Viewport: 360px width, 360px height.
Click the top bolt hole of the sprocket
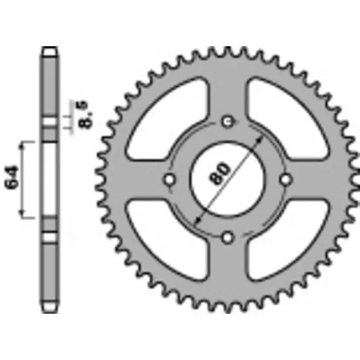(x=227, y=122)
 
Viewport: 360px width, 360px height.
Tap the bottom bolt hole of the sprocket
(x=227, y=238)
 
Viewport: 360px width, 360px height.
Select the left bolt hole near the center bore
(x=169, y=179)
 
